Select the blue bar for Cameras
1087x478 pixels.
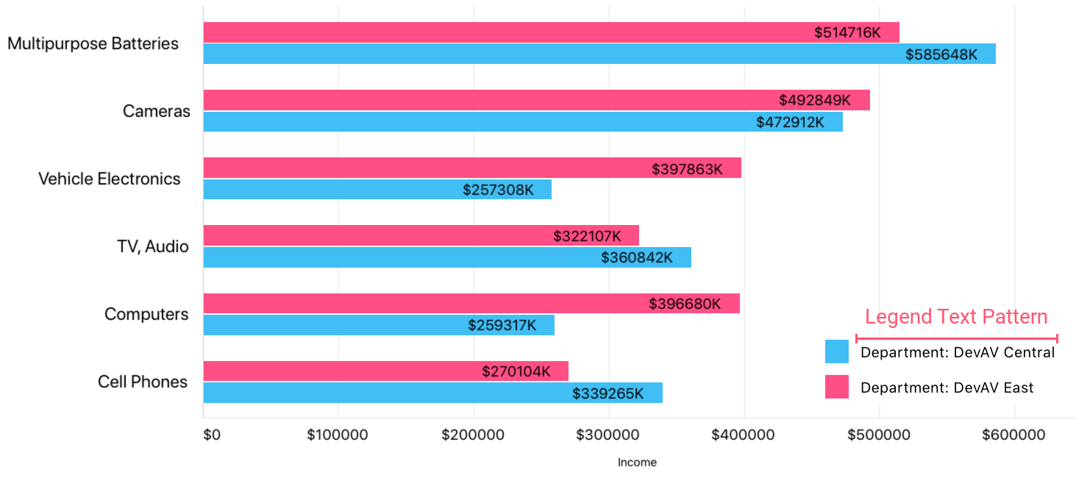[x=478, y=121]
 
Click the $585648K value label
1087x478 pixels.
[x=941, y=54]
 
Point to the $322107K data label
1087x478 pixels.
[x=587, y=236]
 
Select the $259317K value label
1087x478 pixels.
[x=502, y=325]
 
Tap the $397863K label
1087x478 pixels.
[x=687, y=169]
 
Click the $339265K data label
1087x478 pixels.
[x=607, y=393]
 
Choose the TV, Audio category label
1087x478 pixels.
[x=153, y=246]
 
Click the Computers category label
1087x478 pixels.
[x=146, y=314]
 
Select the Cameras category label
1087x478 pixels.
[x=157, y=111]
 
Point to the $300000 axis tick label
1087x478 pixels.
[x=608, y=435]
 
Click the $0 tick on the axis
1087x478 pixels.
[x=211, y=435]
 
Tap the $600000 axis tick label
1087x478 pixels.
[x=1014, y=435]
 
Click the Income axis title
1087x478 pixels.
[x=637, y=463]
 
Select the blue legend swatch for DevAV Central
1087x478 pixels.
[x=837, y=352]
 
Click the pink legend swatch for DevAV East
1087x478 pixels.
[x=837, y=387]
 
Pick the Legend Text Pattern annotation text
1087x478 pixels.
[x=956, y=317]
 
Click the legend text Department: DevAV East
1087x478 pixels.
[x=947, y=388]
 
